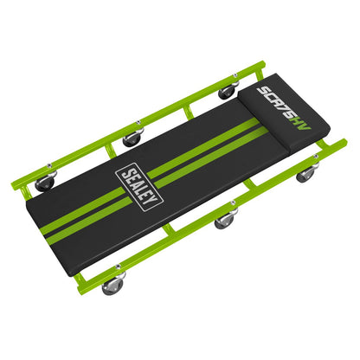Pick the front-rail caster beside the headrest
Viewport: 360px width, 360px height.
(x=305, y=174)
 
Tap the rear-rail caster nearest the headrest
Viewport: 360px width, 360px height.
(x=228, y=90)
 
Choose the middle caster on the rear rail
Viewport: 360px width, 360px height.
(x=132, y=137)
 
